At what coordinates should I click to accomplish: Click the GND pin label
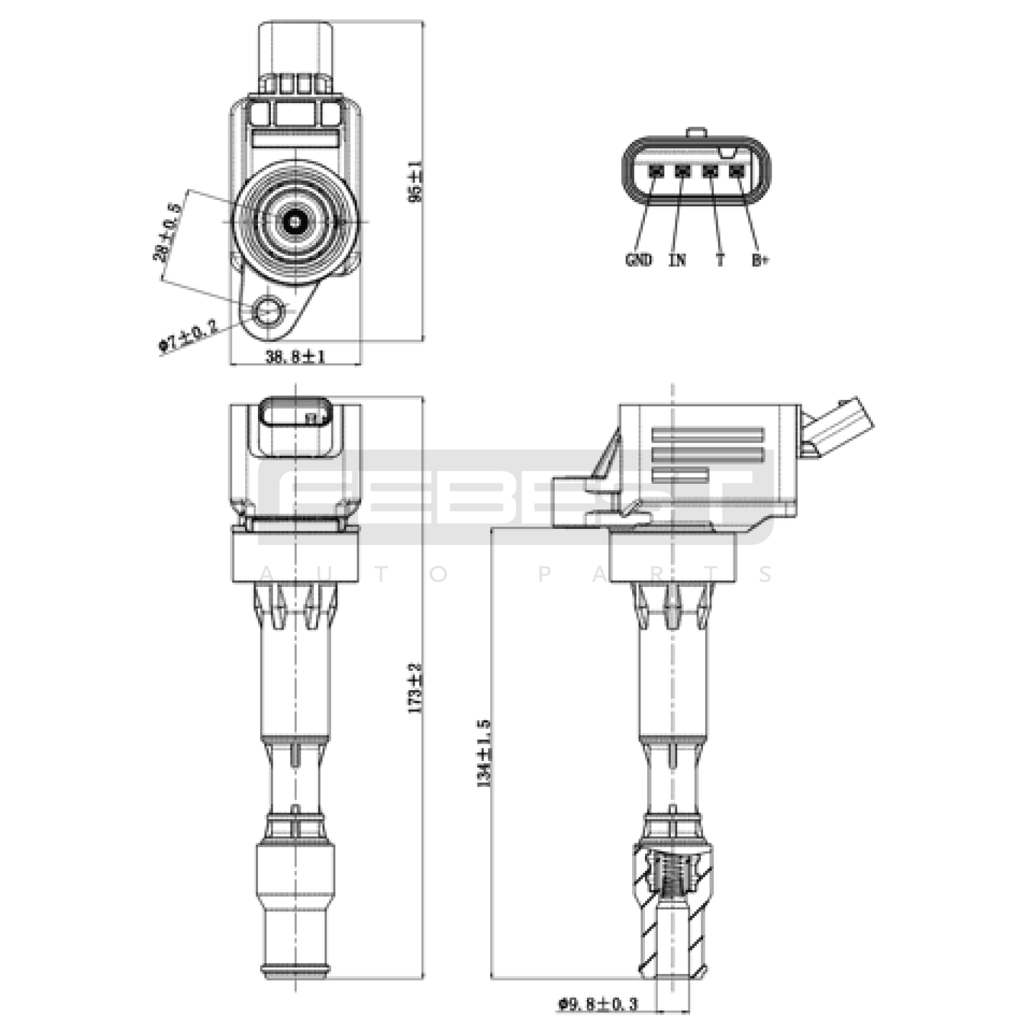[639, 260]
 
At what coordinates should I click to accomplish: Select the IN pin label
[677, 260]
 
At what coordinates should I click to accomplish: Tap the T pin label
[720, 260]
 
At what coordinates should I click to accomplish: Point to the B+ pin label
[760, 260]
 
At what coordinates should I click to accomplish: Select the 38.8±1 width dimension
[295, 355]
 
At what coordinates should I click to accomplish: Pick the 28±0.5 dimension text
[166, 232]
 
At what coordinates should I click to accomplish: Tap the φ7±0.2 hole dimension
[188, 336]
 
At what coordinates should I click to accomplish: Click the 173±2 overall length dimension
[415, 687]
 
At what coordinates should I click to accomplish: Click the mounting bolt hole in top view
[268, 312]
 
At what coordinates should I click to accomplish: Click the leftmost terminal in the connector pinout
[656, 172]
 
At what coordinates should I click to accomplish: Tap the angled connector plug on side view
[838, 426]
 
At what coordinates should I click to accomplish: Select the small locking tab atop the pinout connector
[697, 133]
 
